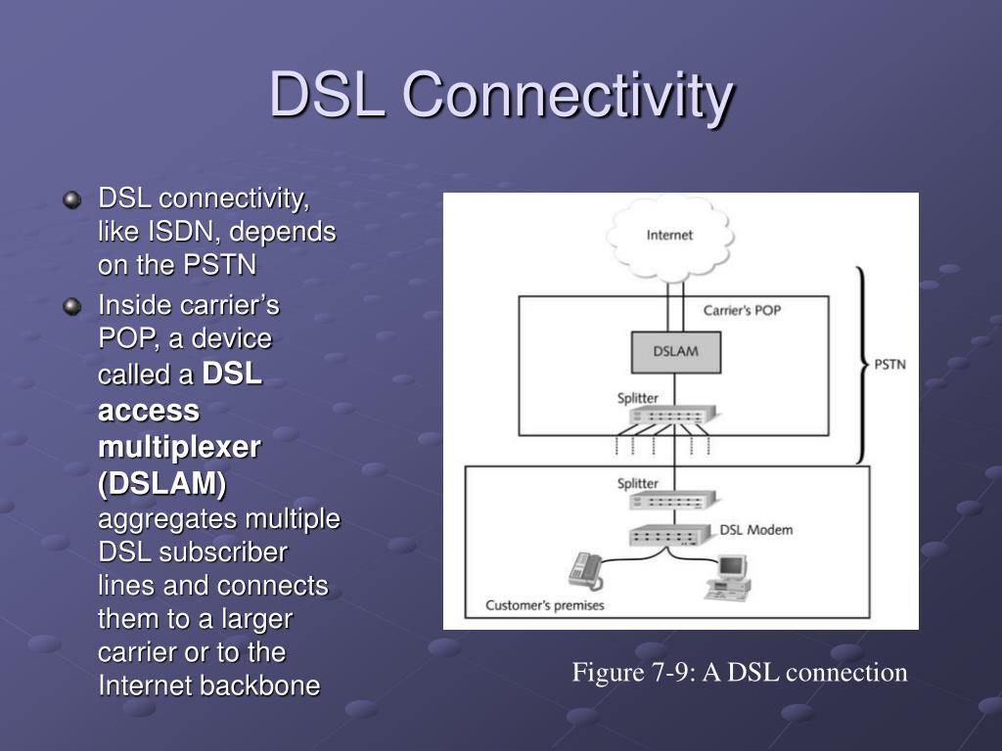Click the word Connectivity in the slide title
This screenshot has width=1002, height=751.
click(x=569, y=95)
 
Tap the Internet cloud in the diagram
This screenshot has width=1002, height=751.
click(x=669, y=239)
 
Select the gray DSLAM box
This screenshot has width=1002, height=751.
click(x=676, y=352)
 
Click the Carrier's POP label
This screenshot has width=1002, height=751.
click(x=742, y=310)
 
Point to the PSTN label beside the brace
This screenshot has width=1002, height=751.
click(x=889, y=365)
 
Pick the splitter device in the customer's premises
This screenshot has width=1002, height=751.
click(x=672, y=500)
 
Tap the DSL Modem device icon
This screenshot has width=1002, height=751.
click(x=670, y=535)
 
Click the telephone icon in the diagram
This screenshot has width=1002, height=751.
click(x=586, y=571)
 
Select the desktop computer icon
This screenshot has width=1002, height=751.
click(x=728, y=578)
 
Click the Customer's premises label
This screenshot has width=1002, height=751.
click(x=544, y=605)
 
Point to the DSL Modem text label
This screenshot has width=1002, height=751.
click(x=756, y=530)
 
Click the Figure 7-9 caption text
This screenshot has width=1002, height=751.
click(x=740, y=673)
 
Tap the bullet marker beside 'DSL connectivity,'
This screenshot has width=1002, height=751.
click(x=72, y=199)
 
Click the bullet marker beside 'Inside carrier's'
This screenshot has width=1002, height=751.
click(x=72, y=306)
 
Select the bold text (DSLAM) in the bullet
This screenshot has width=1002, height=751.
click(x=162, y=484)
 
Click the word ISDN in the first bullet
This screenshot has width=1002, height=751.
click(x=181, y=232)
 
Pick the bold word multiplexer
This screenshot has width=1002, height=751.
click(x=180, y=448)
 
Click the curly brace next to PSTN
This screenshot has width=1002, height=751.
click(x=862, y=365)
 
